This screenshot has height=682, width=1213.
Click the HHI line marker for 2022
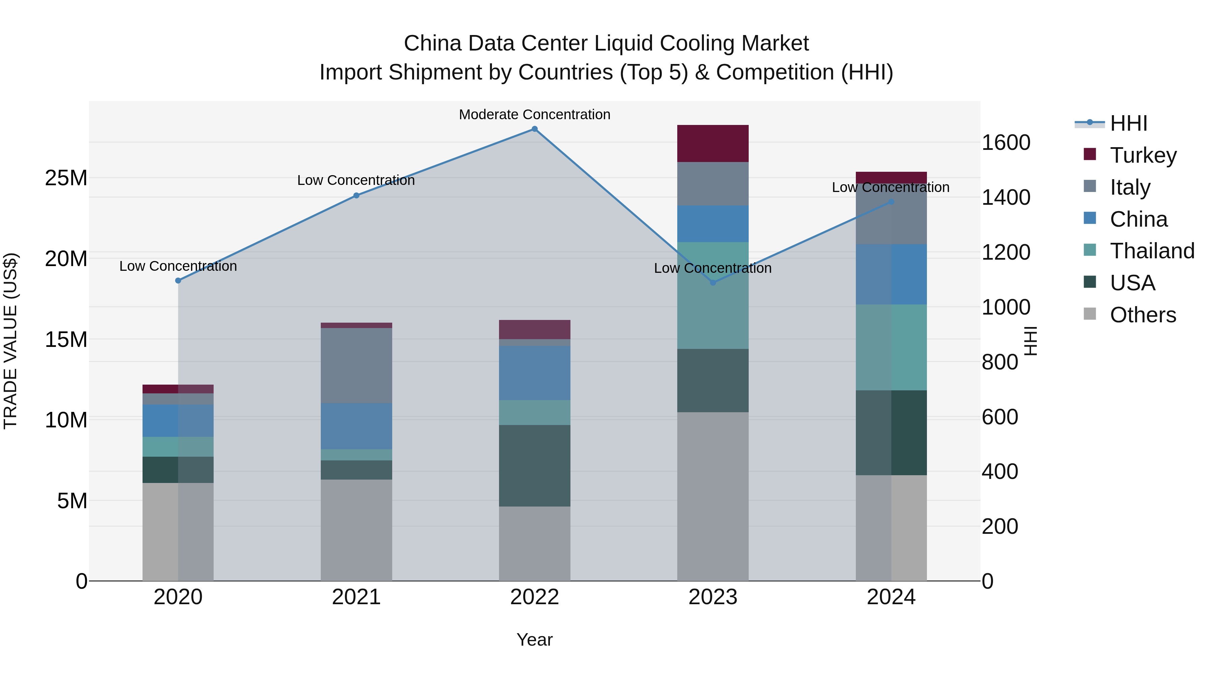534,129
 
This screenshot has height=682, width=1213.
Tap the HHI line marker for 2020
178,281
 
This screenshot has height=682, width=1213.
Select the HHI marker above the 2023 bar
712,283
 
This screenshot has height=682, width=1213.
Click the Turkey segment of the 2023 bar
712,143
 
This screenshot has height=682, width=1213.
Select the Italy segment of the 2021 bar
356,365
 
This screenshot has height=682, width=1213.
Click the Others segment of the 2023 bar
712,496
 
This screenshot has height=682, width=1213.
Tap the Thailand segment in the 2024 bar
891,347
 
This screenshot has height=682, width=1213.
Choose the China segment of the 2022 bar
534,373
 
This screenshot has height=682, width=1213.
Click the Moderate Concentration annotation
534,115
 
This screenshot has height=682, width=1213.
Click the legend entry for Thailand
1151,251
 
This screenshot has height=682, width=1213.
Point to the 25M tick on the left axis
66,178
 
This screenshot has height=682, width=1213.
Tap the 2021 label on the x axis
356,597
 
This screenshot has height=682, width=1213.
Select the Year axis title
534,640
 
